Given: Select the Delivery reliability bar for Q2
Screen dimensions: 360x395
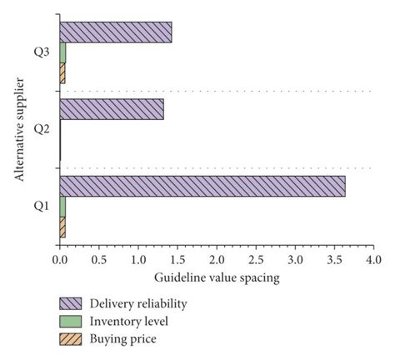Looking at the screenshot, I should pyautogui.click(x=112, y=109).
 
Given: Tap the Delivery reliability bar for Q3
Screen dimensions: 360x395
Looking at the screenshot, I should pyautogui.click(x=116, y=32).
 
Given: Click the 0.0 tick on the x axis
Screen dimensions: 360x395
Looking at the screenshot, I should pyautogui.click(x=60, y=260).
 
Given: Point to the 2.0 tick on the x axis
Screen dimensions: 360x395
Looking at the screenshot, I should pyautogui.click(x=216, y=260).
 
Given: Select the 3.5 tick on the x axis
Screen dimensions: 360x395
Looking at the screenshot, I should pyautogui.click(x=333, y=260).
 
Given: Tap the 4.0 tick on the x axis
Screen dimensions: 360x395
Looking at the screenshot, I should pyautogui.click(x=372, y=260).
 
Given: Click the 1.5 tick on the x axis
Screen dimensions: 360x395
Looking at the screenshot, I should pyautogui.click(x=177, y=260).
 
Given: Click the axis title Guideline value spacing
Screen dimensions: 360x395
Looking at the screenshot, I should pyautogui.click(x=215, y=277).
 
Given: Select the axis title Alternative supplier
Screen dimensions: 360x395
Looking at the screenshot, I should pyautogui.click(x=18, y=128).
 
